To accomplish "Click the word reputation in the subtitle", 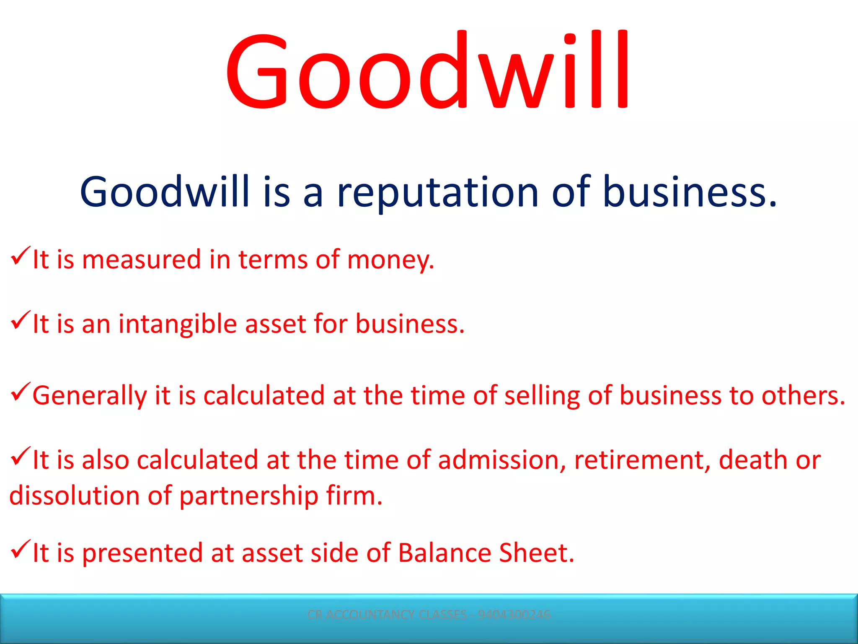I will [438, 192].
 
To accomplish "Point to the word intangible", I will [178, 325].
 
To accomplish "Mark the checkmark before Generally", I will [20, 392].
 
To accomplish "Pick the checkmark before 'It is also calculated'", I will [20, 456].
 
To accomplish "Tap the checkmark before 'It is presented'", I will [20, 549].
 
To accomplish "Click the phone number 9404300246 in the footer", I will [514, 615].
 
